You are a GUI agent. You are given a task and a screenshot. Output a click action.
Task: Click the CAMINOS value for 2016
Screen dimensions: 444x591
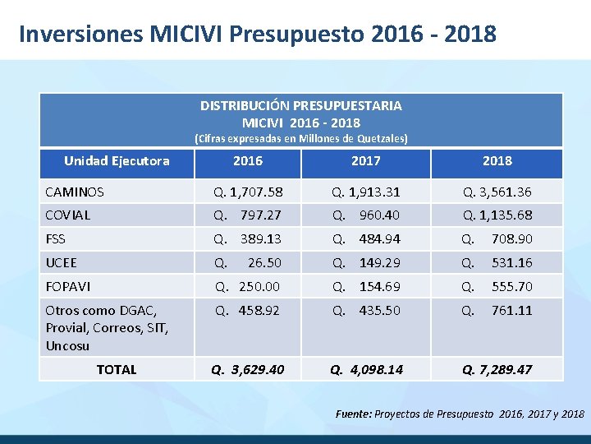[x=248, y=192]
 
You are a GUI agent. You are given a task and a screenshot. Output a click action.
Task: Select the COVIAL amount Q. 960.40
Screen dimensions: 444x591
[x=366, y=215]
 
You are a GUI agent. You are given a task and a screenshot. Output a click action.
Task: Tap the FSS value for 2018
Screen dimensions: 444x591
[x=497, y=238]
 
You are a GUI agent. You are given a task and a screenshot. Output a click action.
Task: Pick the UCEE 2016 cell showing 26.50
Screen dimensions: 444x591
[x=248, y=262]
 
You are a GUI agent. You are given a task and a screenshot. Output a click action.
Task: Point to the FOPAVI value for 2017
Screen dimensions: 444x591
[x=366, y=286]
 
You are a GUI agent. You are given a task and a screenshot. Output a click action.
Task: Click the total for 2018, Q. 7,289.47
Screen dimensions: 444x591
[x=497, y=369]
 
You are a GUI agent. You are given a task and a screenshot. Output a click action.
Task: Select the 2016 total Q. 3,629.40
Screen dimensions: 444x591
[x=248, y=369]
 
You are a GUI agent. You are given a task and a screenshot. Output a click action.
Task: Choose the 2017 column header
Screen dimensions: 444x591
[x=366, y=160]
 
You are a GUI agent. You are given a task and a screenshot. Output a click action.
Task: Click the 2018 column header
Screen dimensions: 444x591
[x=497, y=160]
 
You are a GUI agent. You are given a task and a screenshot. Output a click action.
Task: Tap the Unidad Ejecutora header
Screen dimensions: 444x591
[x=117, y=160]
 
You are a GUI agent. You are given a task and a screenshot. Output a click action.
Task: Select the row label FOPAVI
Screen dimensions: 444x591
[x=68, y=286]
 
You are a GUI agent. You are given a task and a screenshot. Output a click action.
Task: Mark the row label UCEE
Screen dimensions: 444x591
[x=62, y=262]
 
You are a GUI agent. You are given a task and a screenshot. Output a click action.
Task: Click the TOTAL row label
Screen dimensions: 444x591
[x=117, y=369]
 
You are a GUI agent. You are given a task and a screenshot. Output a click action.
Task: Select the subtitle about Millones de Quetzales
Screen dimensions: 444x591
[x=300, y=138]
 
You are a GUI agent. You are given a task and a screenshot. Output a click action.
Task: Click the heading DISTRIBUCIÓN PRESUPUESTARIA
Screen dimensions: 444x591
[x=300, y=105]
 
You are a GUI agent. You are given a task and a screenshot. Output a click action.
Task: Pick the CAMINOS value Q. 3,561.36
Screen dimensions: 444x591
[x=497, y=192]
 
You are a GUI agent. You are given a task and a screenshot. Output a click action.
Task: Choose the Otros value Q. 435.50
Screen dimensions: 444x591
[x=366, y=310]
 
